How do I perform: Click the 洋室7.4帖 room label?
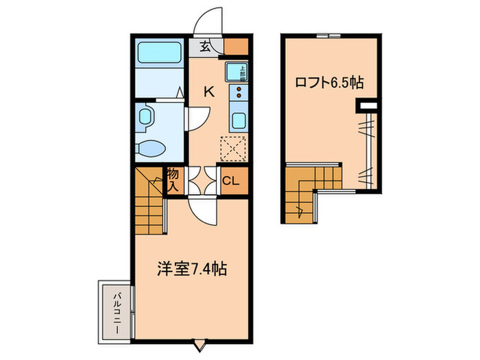193,269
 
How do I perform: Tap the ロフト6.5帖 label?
329,83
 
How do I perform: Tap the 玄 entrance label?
205,47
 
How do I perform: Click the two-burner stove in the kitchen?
239,93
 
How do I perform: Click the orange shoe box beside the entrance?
237,47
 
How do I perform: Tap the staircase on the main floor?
151,202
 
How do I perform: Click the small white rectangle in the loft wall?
368,106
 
